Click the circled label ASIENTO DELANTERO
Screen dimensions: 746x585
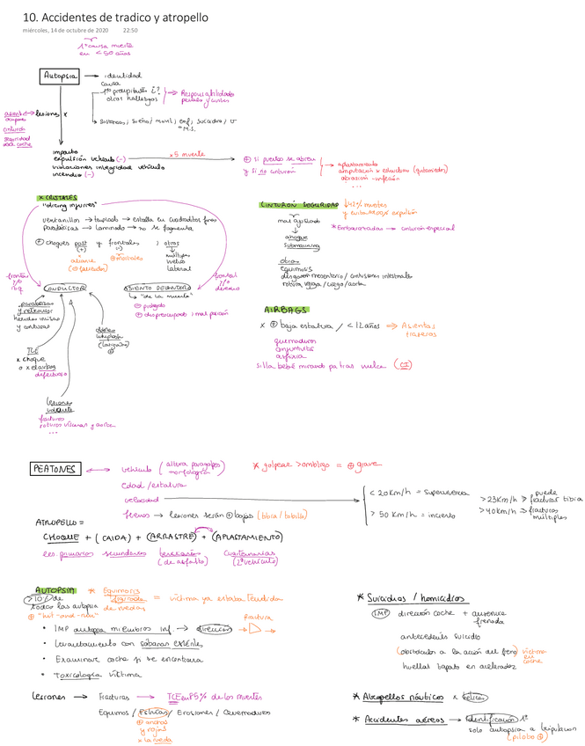[157, 287]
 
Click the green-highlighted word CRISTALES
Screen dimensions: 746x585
[58, 198]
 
